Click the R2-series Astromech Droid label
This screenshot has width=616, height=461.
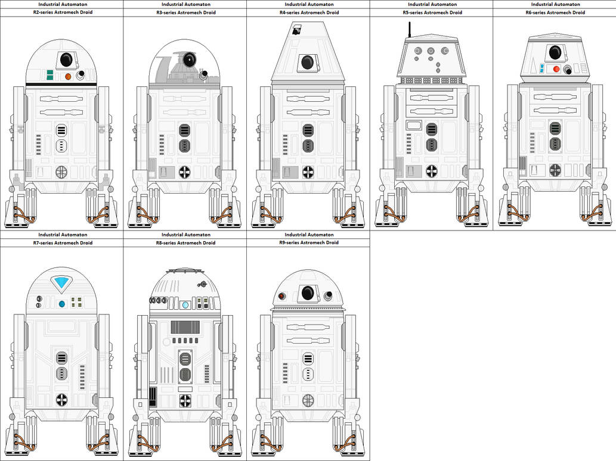61,13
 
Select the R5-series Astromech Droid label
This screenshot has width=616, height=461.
432,13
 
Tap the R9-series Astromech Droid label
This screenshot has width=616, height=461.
308,243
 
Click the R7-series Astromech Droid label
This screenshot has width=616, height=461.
61,243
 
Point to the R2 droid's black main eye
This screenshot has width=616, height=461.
66,59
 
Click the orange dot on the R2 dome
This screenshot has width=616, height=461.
68,76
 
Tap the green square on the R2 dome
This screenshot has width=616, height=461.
51,76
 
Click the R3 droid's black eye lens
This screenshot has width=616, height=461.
190,58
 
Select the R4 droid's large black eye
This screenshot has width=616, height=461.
308,62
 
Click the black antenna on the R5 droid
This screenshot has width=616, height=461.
409,30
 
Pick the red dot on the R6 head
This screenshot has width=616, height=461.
556,69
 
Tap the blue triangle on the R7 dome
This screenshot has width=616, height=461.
62,283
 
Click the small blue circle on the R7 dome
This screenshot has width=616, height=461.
62,304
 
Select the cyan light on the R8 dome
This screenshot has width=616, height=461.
185,305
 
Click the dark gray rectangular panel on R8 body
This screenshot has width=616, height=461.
185,327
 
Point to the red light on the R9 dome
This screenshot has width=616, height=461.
281,296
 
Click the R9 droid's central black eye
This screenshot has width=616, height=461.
308,292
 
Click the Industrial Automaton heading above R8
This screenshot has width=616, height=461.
185,235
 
